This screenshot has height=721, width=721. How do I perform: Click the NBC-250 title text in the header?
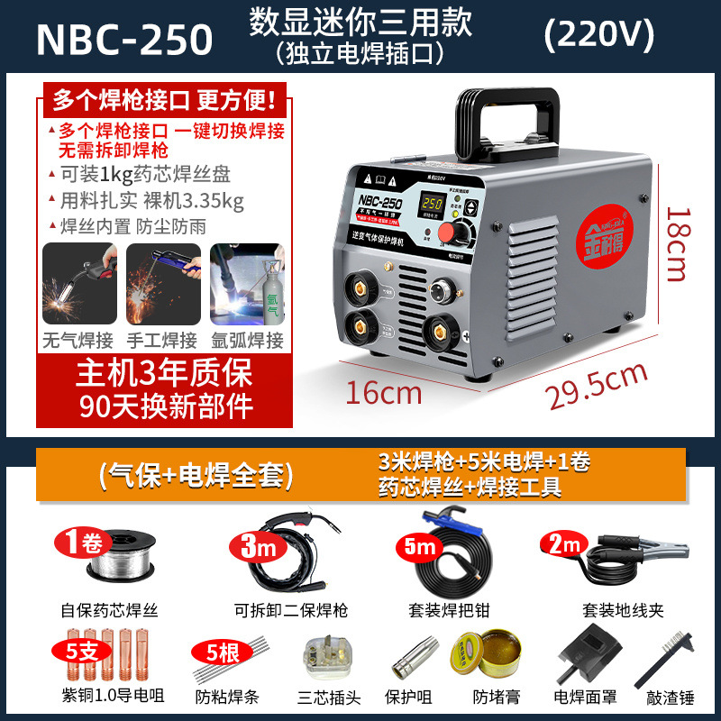pos(123,38)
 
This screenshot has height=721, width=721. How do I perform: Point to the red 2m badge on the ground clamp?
pos(562,543)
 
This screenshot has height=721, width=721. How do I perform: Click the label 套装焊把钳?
pos(435,610)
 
